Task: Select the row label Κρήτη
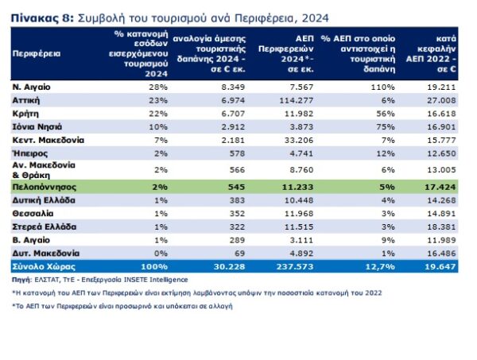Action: click(24, 114)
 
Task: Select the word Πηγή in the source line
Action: click(21, 280)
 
